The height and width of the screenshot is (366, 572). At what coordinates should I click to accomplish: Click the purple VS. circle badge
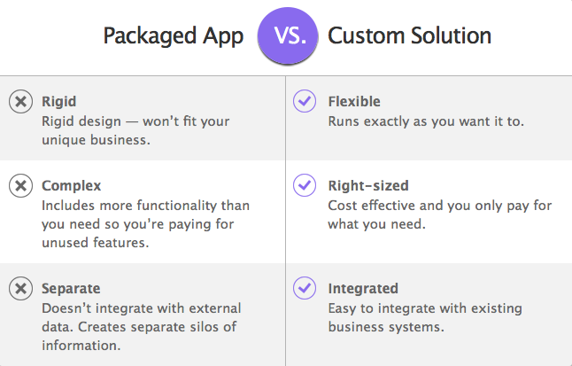(288, 35)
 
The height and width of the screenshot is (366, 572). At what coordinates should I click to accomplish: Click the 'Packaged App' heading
(174, 36)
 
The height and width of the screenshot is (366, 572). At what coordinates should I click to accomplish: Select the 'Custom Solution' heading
(409, 35)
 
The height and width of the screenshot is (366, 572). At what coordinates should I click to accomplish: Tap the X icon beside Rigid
(20, 101)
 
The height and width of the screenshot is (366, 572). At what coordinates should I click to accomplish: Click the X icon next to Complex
(20, 185)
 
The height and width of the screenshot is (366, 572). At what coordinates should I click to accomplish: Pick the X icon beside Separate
(20, 288)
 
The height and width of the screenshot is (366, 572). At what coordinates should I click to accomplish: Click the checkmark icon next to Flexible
(305, 101)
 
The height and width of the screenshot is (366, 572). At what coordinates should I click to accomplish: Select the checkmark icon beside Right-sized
(305, 185)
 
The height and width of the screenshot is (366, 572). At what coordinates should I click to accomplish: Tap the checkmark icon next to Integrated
(305, 288)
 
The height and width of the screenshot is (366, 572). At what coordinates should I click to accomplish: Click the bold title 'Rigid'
(58, 102)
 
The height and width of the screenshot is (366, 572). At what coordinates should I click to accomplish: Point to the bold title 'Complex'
(71, 186)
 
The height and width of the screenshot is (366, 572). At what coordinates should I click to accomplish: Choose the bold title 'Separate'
(71, 289)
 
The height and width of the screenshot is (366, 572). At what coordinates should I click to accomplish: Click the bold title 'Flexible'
(354, 101)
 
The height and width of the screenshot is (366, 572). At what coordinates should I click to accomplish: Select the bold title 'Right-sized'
(368, 186)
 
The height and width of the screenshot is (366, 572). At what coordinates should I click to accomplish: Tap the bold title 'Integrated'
(363, 289)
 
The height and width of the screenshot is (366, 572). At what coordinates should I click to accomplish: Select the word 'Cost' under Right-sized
(343, 206)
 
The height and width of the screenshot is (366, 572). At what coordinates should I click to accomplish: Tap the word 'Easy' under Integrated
(342, 308)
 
